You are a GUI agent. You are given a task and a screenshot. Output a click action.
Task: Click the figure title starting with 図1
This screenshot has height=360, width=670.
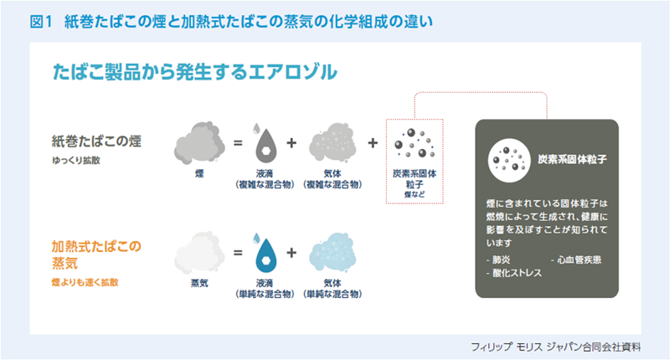click(231, 22)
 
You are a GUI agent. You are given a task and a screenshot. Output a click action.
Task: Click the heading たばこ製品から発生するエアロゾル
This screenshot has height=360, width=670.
click(195, 72)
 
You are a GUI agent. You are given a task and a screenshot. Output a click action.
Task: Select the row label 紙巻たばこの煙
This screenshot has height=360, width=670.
click(96, 141)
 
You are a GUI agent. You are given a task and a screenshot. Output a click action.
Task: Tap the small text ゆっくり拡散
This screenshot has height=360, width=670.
click(76, 160)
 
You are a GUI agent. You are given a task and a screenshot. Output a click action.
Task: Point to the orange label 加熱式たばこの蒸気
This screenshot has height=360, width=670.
click(96, 255)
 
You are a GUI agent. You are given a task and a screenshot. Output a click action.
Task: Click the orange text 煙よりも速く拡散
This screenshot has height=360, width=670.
click(85, 282)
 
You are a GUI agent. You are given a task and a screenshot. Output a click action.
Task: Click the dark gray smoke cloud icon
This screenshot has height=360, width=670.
click(199, 142)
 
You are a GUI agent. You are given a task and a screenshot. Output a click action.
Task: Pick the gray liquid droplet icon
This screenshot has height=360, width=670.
click(265, 144)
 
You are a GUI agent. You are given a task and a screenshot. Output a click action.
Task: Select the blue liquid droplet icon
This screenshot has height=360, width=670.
click(265, 253)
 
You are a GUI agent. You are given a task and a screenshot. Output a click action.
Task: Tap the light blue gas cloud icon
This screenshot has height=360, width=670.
click(332, 252)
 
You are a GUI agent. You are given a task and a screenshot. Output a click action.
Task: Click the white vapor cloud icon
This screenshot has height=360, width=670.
click(199, 253)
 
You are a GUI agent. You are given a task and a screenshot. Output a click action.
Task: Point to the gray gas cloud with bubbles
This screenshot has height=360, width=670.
click(332, 143)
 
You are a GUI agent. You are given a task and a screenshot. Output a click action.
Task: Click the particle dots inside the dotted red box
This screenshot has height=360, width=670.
click(415, 143)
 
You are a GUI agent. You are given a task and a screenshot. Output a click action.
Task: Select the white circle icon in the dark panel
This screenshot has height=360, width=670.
click(509, 161)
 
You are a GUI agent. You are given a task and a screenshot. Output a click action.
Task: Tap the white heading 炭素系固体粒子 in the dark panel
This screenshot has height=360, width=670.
click(572, 160)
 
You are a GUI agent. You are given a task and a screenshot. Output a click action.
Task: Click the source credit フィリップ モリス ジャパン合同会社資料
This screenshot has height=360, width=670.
click(555, 347)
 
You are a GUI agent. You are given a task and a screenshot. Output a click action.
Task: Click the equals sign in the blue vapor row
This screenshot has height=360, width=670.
click(238, 253)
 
